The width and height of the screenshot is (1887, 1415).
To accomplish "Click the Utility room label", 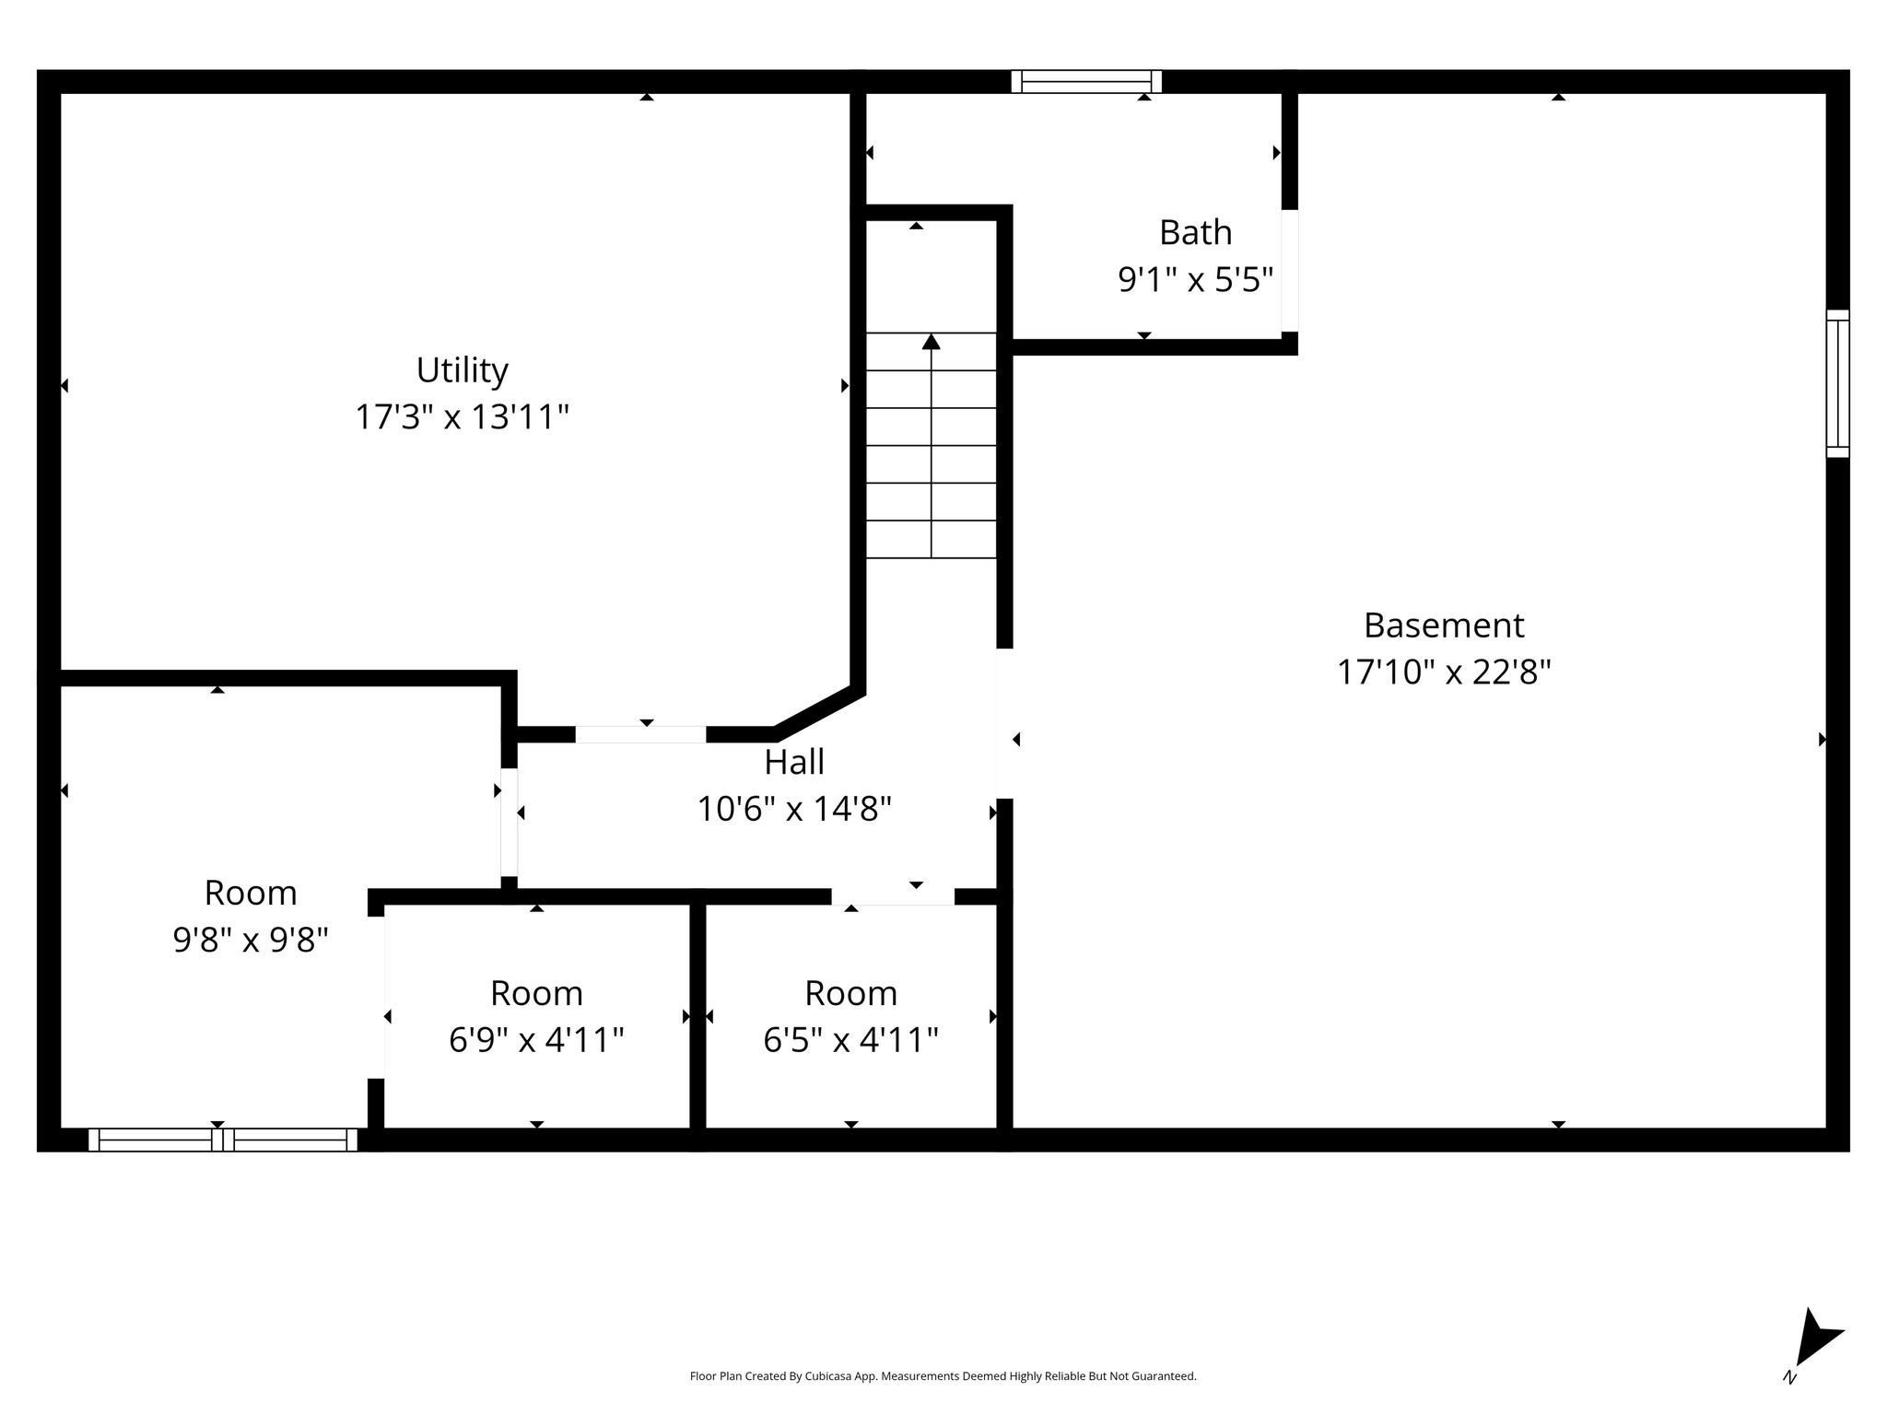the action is tap(462, 370).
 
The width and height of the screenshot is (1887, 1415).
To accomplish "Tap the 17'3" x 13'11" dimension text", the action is tap(462, 417).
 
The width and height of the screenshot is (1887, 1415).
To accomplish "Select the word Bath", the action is tap(1195, 232).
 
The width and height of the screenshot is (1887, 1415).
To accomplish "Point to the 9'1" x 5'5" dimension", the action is tap(1195, 279).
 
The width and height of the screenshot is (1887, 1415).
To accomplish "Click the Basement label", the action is tap(1444, 626).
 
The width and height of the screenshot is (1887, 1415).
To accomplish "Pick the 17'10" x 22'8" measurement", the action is tap(1444, 672).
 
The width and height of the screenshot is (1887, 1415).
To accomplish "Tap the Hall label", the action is tap(794, 762).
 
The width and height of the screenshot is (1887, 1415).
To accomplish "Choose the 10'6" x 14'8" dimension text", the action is tap(794, 809).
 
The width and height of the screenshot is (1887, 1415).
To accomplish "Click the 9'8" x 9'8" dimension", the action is tap(251, 940).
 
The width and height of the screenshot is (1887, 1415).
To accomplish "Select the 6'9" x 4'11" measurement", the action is tap(536, 1040).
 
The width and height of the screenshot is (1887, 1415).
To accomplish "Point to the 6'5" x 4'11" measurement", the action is tap(850, 1040).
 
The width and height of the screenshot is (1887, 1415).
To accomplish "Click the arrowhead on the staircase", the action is tap(932, 342).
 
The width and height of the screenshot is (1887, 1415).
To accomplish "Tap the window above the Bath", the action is tap(1086, 82).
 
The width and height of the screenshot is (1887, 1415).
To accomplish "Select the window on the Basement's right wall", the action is tap(1837, 383).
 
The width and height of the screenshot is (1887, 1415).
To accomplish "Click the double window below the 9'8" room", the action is tap(223, 1140).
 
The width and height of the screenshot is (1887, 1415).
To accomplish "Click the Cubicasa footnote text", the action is tap(943, 1376).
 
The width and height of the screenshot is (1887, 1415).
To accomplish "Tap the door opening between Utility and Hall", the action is tap(641, 734).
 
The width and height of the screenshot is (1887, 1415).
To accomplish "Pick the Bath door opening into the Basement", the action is tap(1290, 271).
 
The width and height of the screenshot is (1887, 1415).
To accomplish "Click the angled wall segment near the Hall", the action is tap(819, 712).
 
